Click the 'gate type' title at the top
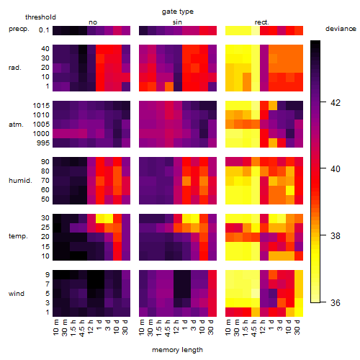point(178,12)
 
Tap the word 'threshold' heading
point(40,17)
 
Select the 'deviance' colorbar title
point(341,29)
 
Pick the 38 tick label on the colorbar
point(336,236)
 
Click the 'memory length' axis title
point(177,350)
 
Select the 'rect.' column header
point(261,22)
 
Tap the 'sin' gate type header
point(177,22)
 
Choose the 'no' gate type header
point(93,22)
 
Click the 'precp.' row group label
point(19,29)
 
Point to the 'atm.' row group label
point(16,125)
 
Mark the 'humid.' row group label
point(20,181)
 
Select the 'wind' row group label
point(17,294)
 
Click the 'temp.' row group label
point(18,236)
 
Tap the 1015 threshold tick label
point(41,106)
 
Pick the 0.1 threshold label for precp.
point(44,30)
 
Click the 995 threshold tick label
point(43,143)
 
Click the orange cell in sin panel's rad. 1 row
point(169,86)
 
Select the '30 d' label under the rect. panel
point(297,327)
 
